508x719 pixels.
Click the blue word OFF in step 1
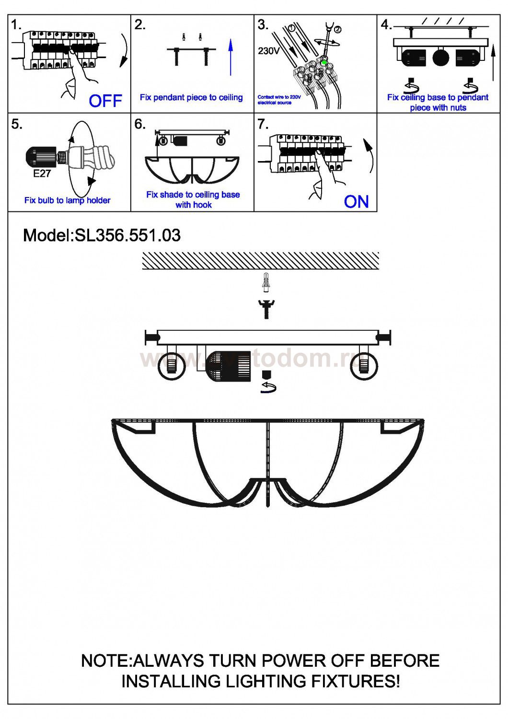[x=105, y=101]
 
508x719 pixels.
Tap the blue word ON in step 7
[x=356, y=201]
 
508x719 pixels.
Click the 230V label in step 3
[x=269, y=51]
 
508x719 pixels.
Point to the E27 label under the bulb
[x=42, y=174]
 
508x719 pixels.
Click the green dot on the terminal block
[x=324, y=62]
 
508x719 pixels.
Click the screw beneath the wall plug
[x=266, y=308]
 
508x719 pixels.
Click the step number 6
[x=139, y=124]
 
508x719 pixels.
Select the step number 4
[x=386, y=25]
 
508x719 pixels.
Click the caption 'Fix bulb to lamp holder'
[x=67, y=200]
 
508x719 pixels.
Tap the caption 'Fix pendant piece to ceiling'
[x=191, y=97]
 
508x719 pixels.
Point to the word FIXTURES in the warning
[x=354, y=681]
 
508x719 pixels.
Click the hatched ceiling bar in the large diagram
[x=261, y=261]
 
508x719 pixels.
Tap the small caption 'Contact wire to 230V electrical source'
[x=279, y=100]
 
